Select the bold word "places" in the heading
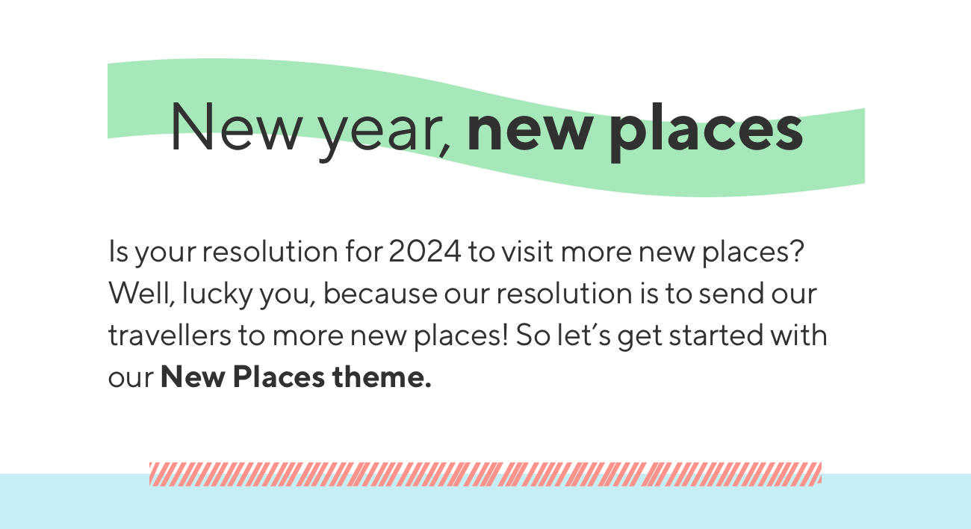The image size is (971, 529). coord(706,132)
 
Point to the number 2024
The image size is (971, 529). coord(425,251)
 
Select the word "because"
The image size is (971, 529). coord(380,293)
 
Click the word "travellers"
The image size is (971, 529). coord(170,335)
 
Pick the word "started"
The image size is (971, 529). coord(716,335)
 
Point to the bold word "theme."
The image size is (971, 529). coord(382,377)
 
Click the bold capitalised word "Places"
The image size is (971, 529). coord(279,377)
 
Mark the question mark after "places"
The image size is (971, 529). coord(797,250)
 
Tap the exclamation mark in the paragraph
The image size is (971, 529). coord(505,335)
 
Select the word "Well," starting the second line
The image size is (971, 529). coord(141,293)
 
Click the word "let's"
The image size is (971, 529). coord(584,335)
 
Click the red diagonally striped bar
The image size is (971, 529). coord(485,474)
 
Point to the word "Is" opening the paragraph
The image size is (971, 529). coord(118,251)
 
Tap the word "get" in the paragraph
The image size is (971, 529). coord(640,336)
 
